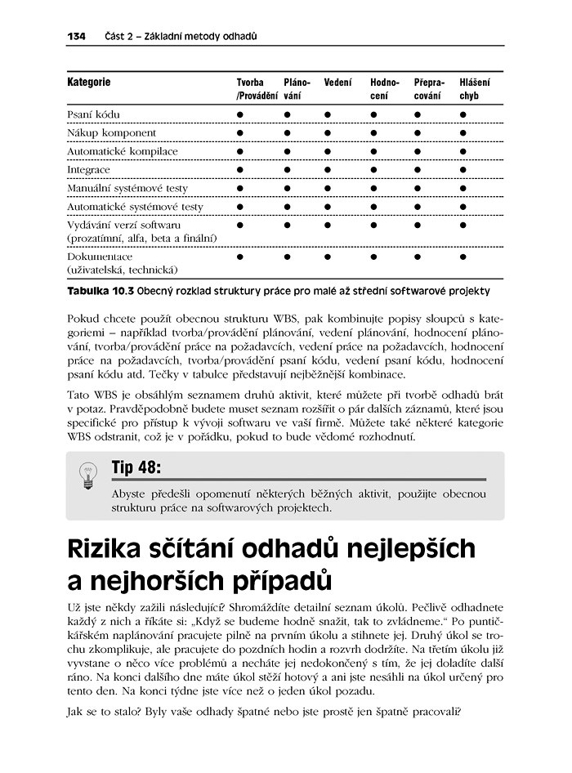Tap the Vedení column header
337,83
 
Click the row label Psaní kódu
93,114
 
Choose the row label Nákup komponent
111,132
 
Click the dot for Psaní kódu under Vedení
328,114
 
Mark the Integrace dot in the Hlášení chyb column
463,169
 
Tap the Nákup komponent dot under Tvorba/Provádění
241,132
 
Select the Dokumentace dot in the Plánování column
288,256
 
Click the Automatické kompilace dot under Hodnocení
373,151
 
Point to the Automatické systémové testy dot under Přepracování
418,207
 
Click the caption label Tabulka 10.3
100,290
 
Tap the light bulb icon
87,475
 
